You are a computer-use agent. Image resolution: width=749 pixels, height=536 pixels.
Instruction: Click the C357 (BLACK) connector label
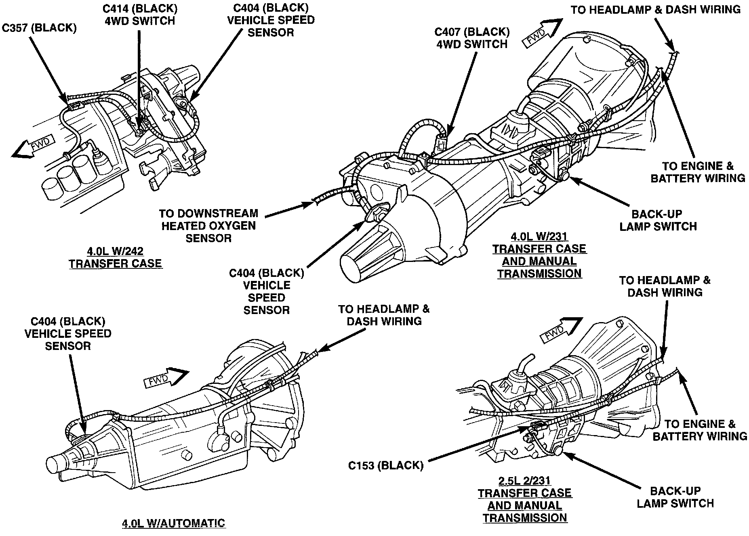pyautogui.click(x=39, y=28)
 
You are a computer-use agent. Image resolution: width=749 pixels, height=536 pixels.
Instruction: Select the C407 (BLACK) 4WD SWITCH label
pyautogui.click(x=472, y=38)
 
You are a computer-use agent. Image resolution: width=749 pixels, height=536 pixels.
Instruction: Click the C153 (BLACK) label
pyautogui.click(x=386, y=465)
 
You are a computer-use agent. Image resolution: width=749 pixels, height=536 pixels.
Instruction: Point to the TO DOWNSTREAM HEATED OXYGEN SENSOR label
pyautogui.click(x=208, y=225)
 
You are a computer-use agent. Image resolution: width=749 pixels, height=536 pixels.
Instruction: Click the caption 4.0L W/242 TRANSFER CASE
pyautogui.click(x=115, y=258)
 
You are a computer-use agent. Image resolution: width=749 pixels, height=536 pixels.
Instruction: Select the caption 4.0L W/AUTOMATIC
pyautogui.click(x=173, y=523)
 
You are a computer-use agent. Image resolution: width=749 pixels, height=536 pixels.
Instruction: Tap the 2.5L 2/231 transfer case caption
pyautogui.click(x=525, y=499)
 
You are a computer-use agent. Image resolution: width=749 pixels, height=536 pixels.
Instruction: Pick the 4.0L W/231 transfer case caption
pyautogui.click(x=539, y=255)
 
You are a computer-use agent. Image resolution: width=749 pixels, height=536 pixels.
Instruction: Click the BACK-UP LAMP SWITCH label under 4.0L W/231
pyautogui.click(x=658, y=220)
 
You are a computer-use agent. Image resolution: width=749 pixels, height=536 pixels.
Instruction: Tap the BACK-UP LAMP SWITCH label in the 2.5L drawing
pyautogui.click(x=675, y=497)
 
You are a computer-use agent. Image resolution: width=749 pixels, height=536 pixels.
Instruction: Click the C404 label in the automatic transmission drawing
pyautogui.click(x=68, y=333)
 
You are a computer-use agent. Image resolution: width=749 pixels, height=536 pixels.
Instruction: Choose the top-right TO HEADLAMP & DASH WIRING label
pyautogui.click(x=656, y=10)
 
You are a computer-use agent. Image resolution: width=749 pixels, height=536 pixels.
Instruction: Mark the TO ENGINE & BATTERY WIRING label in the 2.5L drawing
pyautogui.click(x=700, y=430)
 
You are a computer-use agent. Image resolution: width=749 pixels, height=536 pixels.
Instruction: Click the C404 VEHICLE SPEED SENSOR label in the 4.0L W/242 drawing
pyautogui.click(x=271, y=20)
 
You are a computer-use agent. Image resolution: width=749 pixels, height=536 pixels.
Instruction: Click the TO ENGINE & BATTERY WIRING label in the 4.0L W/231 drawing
pyautogui.click(x=698, y=172)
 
